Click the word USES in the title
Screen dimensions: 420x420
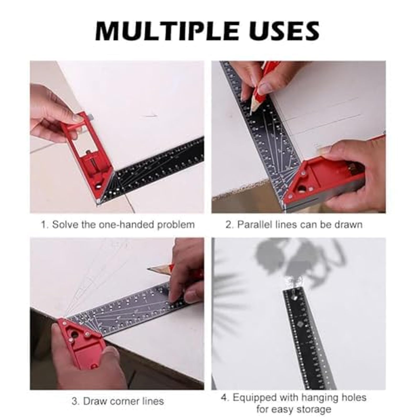[x=282, y=31]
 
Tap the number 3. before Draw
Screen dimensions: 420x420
[x=76, y=401]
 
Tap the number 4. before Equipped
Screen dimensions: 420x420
[x=225, y=398]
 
